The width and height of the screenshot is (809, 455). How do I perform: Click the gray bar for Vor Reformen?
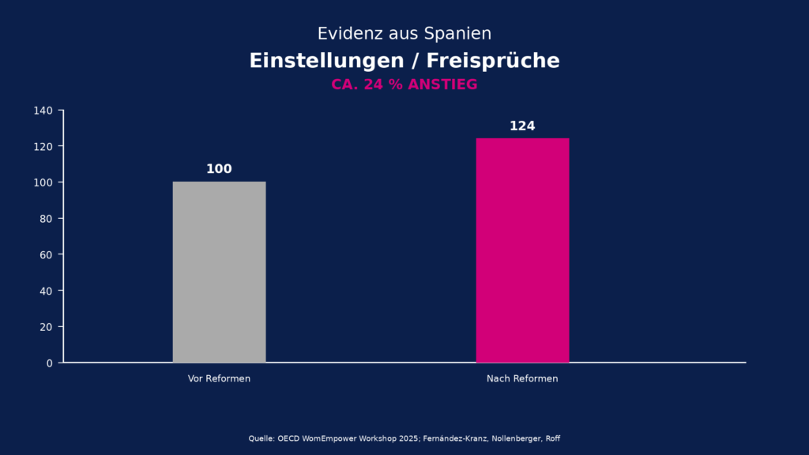219,272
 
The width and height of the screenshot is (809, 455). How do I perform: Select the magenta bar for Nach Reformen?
522,250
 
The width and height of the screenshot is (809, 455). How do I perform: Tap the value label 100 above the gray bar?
219,169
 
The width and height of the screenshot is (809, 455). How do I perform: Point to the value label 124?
522,126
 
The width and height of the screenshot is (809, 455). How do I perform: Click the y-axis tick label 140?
43,111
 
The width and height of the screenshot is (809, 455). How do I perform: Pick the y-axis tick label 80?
46,219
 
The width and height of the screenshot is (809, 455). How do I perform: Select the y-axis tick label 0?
49,363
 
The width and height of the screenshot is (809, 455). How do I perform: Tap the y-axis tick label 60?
46,254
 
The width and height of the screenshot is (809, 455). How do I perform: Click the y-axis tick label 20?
46,327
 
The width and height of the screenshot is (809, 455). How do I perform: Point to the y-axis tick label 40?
46,291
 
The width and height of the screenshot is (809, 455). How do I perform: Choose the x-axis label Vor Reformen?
219,378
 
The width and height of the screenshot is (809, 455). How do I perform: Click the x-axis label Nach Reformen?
522,378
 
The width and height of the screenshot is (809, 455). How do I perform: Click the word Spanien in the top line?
457,34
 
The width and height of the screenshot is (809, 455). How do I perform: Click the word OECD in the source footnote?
289,438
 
